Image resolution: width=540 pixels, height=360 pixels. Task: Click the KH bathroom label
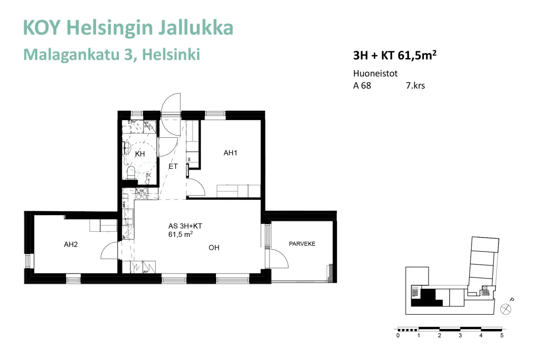(x=140, y=154)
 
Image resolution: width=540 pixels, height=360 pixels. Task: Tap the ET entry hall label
(x=173, y=166)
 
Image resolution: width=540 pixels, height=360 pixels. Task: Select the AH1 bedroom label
(x=230, y=153)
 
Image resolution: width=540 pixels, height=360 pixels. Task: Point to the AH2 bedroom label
(x=71, y=245)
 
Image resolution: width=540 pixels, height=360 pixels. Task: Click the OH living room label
(x=214, y=247)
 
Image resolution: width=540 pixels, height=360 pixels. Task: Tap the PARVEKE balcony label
(x=302, y=244)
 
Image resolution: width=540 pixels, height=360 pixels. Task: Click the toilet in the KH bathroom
(x=131, y=172)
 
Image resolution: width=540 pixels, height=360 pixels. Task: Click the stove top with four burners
(x=141, y=193)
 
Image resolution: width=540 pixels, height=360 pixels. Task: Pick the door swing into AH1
(x=194, y=187)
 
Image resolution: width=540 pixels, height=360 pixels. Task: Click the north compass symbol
(x=506, y=309)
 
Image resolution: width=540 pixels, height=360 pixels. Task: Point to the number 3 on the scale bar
(x=460, y=335)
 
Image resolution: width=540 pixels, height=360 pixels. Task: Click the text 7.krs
(x=415, y=85)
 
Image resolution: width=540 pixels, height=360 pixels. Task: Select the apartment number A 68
(x=362, y=85)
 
